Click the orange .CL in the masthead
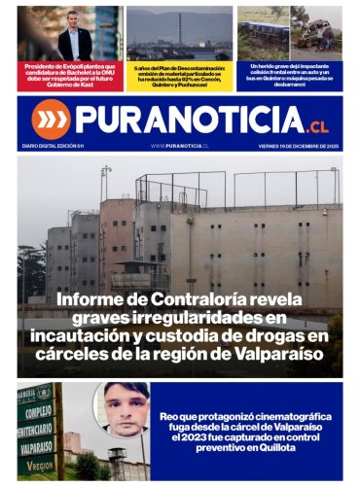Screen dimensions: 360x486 click(319, 126)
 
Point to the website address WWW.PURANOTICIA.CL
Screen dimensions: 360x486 click(180, 145)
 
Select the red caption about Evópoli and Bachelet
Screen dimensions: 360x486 click(69, 77)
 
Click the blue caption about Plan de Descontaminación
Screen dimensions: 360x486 click(179, 77)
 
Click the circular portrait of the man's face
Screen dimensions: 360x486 click(122, 409)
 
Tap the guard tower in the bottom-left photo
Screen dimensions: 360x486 click(115, 461)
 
